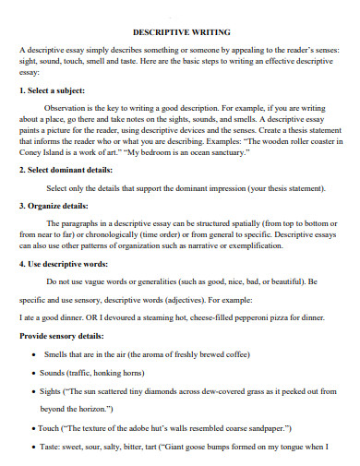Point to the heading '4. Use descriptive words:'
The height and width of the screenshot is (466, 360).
(68, 263)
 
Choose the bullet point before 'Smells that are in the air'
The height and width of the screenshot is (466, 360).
(33, 354)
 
